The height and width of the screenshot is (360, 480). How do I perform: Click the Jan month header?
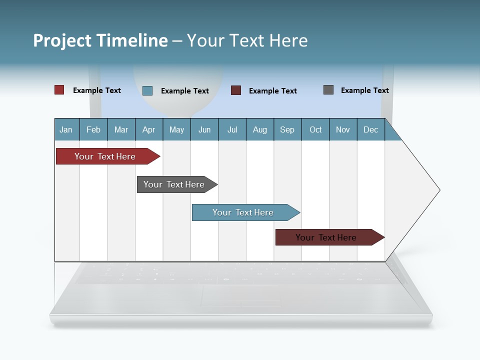click(x=66, y=129)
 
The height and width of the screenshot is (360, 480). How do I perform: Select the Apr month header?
click(x=149, y=129)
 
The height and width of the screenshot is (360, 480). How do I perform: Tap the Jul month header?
click(x=232, y=129)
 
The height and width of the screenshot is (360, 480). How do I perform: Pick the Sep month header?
click(x=287, y=129)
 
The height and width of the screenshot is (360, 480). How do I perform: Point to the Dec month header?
click(x=370, y=129)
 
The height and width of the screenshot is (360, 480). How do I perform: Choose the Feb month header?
click(x=93, y=129)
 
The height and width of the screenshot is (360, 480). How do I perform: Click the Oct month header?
click(x=315, y=129)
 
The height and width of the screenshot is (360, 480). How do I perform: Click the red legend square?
click(x=59, y=90)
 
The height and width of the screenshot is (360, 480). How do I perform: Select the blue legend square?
click(x=147, y=90)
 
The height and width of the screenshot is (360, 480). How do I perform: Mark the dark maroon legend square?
click(x=236, y=90)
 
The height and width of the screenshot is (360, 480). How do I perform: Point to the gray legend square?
click(x=328, y=90)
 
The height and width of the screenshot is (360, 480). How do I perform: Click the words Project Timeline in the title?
click(x=100, y=40)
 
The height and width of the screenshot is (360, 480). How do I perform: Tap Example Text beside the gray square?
click(x=364, y=90)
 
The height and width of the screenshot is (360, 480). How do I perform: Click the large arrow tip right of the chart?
click(x=420, y=190)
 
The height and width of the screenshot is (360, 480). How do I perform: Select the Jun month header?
click(x=204, y=129)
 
